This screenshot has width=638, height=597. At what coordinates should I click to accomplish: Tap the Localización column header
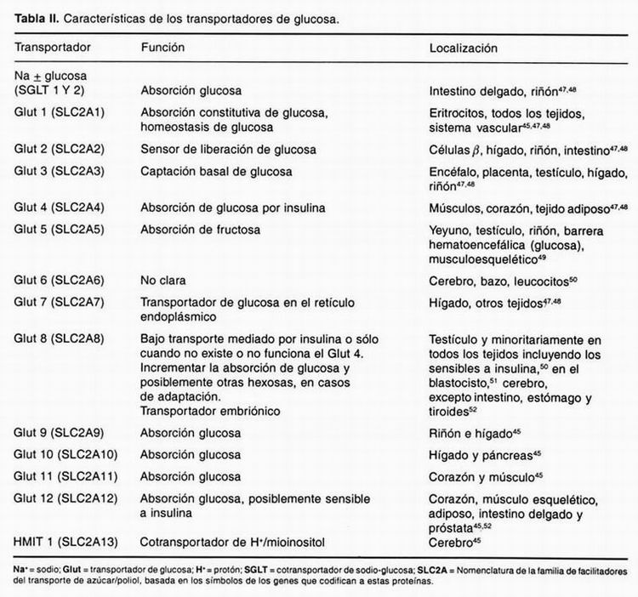point(464,48)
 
